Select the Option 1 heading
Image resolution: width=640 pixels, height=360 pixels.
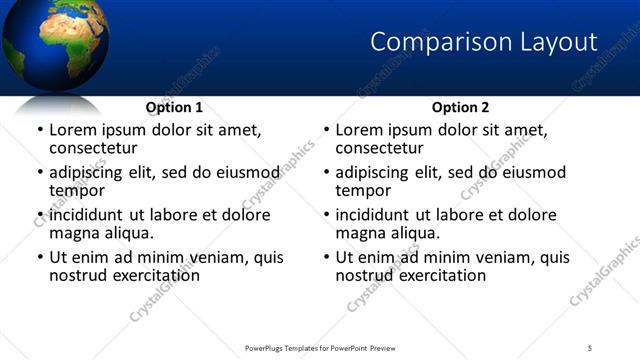click(x=174, y=107)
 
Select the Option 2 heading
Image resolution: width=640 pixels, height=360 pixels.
click(x=460, y=107)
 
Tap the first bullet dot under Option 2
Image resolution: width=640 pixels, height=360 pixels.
click(x=327, y=131)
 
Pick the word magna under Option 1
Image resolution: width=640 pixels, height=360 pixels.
click(x=74, y=233)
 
